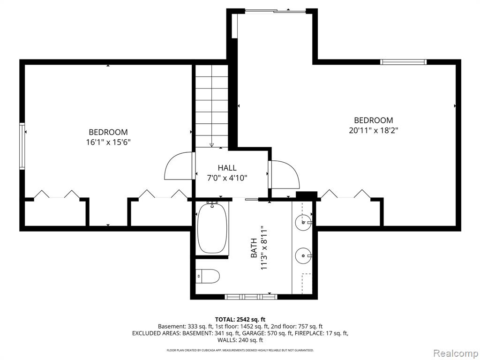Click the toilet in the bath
click(x=208, y=276)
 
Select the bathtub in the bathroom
click(x=212, y=228)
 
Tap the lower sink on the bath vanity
click(x=303, y=255)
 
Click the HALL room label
click(x=227, y=168)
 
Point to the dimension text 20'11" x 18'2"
click(x=374, y=130)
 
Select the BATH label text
click(x=254, y=248)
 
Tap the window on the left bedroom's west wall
click(x=22, y=146)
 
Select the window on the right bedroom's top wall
click(x=404, y=62)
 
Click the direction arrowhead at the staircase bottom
click(x=211, y=145)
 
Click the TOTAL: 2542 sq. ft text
click(x=240, y=320)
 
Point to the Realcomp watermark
click(x=456, y=353)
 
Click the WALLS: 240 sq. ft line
click(x=240, y=340)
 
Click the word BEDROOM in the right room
click(x=374, y=120)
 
